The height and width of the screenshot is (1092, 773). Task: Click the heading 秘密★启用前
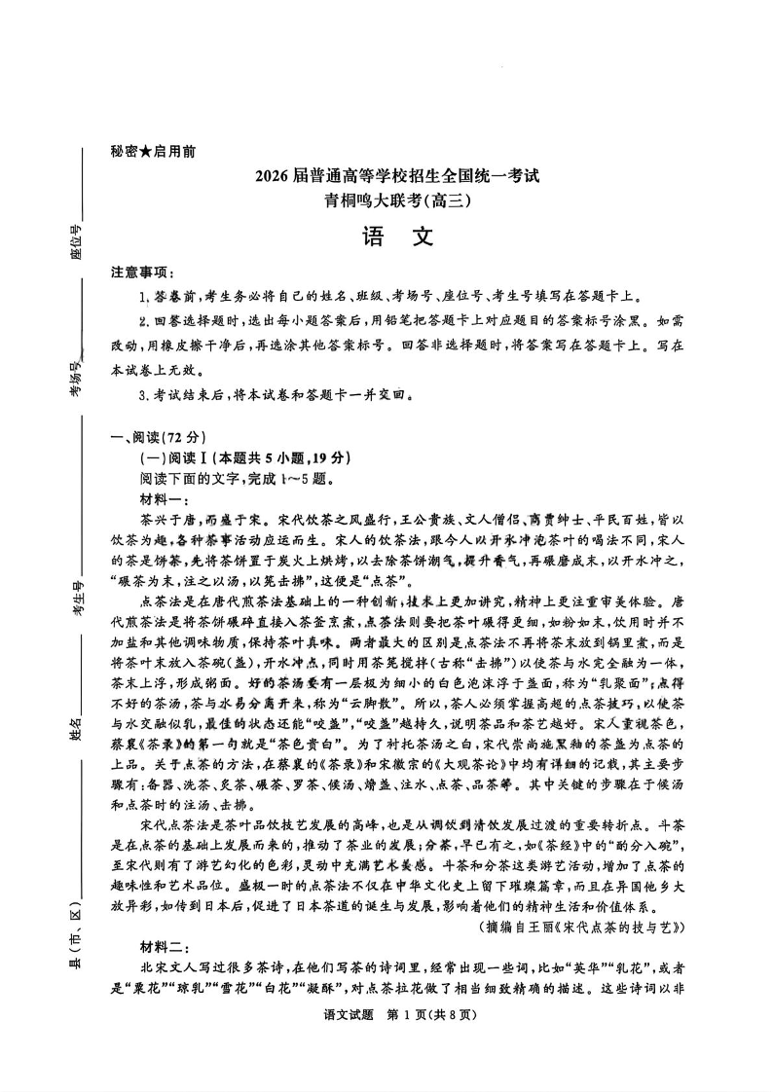point(153,152)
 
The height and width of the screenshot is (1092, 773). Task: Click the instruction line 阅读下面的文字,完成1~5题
point(238,478)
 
